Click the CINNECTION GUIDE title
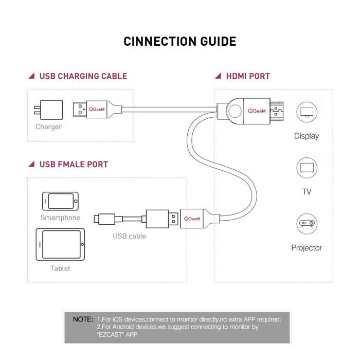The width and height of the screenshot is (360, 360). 180,42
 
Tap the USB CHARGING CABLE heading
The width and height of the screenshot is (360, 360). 83,76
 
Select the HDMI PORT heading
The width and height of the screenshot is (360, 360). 248,76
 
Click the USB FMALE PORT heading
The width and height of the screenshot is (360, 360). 74,165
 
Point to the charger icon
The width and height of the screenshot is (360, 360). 48,110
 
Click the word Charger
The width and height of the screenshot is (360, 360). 48,127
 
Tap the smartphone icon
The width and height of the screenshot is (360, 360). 61,201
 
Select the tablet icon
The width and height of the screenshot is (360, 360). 61,244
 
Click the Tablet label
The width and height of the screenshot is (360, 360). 60,268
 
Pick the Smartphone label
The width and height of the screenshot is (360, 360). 61,218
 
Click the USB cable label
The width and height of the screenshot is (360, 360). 129,236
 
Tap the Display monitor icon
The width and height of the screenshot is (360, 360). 307,112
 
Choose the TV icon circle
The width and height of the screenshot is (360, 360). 307,168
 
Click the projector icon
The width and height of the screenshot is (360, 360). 307,224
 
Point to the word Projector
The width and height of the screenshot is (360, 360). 307,248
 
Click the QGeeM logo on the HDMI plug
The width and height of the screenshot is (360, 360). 257,111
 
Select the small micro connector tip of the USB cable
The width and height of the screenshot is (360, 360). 98,219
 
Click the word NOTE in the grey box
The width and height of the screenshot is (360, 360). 83,319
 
